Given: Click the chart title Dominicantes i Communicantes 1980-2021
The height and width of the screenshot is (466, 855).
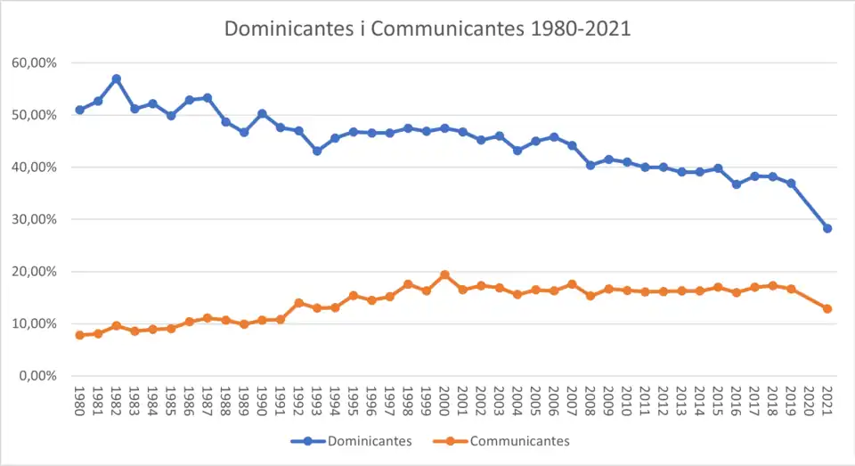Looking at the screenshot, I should tap(427, 28).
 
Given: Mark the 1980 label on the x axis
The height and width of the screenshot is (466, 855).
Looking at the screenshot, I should tap(80, 403).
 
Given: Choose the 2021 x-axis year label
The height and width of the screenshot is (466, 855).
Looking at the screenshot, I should tap(827, 403).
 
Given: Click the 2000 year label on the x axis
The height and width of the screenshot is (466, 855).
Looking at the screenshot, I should tap(444, 403).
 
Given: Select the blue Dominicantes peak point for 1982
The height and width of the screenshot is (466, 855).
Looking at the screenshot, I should tap(117, 78).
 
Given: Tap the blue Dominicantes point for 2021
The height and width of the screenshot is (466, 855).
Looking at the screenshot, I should tap(827, 228).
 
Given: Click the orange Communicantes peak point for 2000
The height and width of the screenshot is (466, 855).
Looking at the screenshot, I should tap(444, 274).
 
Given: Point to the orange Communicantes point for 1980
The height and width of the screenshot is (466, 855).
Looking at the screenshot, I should tap(80, 335).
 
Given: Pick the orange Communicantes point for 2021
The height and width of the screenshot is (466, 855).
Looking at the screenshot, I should tap(827, 308).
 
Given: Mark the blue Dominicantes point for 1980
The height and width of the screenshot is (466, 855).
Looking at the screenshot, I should tap(80, 110).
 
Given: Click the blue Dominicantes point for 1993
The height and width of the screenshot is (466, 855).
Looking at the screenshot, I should tap(317, 151).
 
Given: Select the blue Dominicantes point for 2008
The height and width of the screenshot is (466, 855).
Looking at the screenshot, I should tap(590, 165).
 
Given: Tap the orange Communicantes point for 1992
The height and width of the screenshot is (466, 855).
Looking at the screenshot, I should tap(299, 303).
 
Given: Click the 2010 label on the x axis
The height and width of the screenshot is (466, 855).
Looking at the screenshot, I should tap(627, 403).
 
